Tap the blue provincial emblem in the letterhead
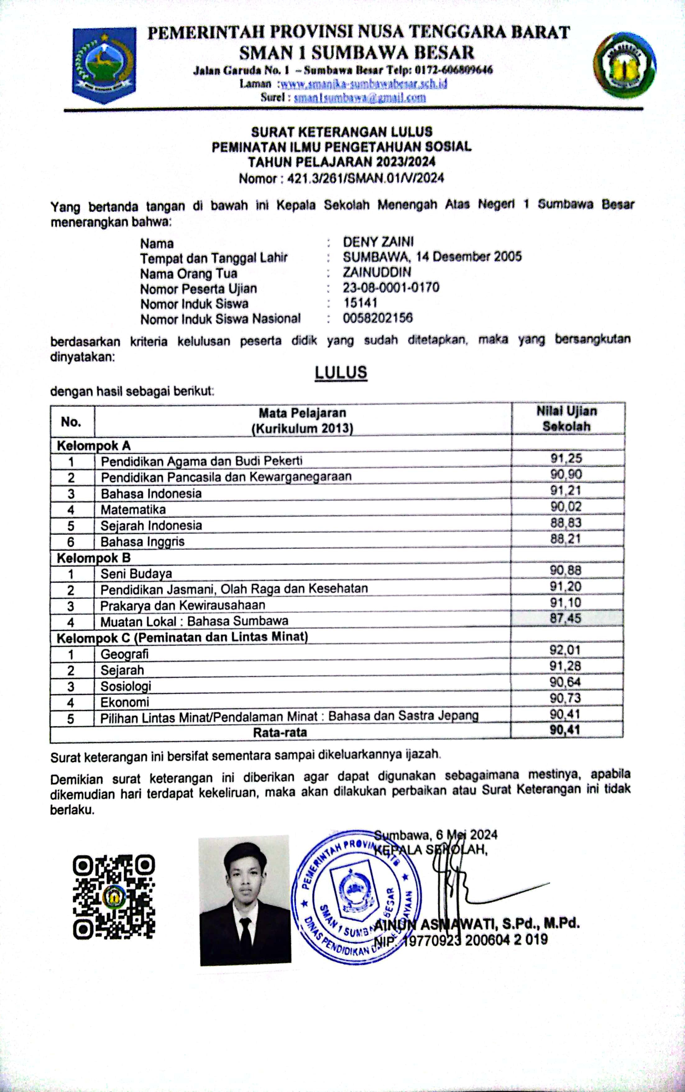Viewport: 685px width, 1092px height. pyautogui.click(x=104, y=64)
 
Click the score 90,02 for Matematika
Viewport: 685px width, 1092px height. pyautogui.click(x=566, y=507)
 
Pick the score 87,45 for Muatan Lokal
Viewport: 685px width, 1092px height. pyautogui.click(x=565, y=618)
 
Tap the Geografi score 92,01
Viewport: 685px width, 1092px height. pyautogui.click(x=565, y=650)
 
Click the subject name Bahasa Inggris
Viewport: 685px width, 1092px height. pyautogui.click(x=142, y=541)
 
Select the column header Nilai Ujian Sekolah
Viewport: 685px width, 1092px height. pyautogui.click(x=567, y=419)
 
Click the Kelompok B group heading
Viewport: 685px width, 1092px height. pyautogui.click(x=93, y=558)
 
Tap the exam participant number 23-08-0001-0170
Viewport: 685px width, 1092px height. pyautogui.click(x=391, y=288)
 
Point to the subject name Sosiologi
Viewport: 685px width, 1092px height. pyautogui.click(x=126, y=686)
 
